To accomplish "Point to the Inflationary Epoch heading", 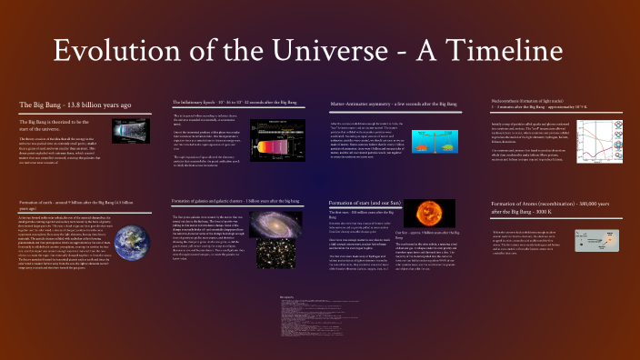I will click(x=236, y=102).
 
